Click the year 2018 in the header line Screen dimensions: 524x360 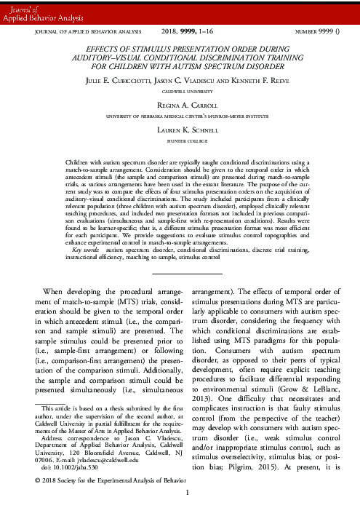tap(169, 33)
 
